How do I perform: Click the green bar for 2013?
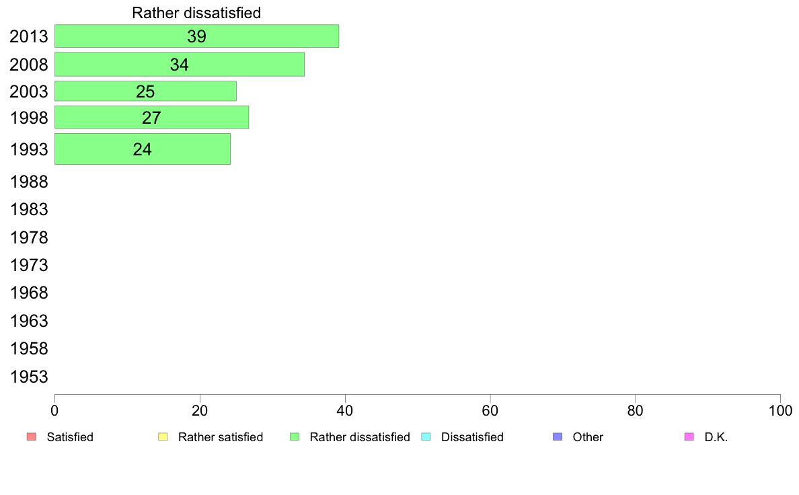click(x=196, y=36)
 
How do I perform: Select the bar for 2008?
click(x=180, y=65)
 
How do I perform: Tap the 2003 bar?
click(x=145, y=91)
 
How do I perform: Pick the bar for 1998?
click(x=151, y=117)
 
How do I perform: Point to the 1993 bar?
click(x=142, y=149)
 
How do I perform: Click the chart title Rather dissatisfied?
click(x=196, y=13)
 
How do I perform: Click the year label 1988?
click(x=28, y=182)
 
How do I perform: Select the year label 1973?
click(x=28, y=266)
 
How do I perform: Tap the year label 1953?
click(x=28, y=377)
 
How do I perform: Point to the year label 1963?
click(x=28, y=321)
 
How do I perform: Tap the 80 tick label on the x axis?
click(x=636, y=411)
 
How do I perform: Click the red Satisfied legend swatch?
click(x=32, y=437)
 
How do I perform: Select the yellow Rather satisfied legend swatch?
click(x=163, y=437)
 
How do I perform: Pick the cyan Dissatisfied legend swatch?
click(x=426, y=437)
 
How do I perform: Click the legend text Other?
click(x=588, y=437)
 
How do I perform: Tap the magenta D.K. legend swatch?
click(x=689, y=437)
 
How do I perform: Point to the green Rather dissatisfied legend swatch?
click(x=295, y=437)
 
